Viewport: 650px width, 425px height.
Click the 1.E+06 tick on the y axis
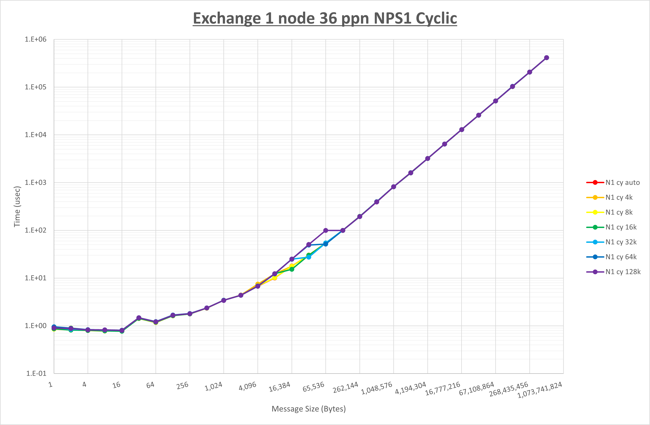36,39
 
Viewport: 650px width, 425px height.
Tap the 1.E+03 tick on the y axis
36,182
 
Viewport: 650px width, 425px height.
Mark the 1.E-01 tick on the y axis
36,373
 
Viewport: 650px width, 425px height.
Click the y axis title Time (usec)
17,206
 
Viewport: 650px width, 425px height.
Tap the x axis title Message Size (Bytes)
309,409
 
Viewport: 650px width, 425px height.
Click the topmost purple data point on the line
546,58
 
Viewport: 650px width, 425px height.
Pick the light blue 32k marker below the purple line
309,257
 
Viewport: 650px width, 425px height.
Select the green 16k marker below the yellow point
292,269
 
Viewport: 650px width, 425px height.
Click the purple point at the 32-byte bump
139,318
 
